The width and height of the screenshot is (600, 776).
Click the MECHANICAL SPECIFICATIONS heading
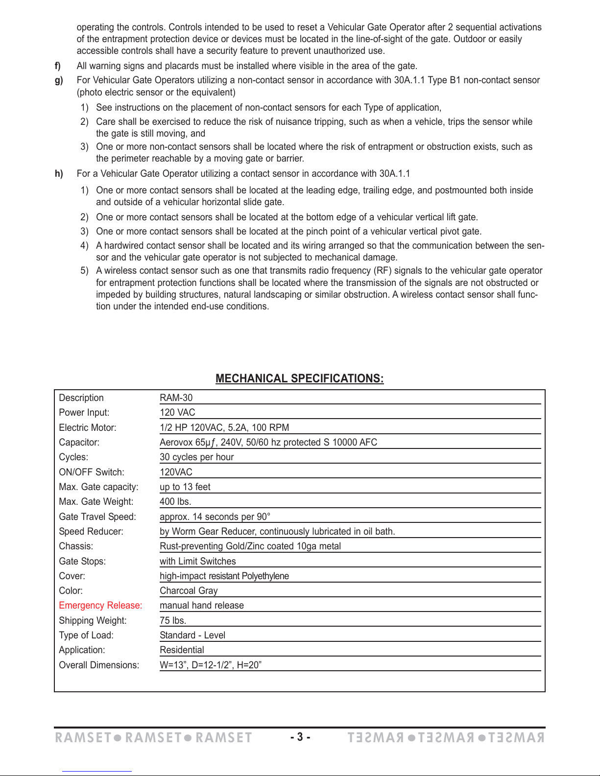coord(299,378)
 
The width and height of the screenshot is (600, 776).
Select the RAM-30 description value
coord(176,398)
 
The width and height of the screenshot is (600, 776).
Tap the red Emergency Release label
coord(100,606)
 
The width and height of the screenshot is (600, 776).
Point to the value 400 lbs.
coord(175,502)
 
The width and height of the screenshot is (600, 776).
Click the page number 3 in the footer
coord(300,737)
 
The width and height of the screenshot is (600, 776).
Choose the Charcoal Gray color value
coord(189,591)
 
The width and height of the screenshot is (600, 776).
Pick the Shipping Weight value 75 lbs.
coord(173,621)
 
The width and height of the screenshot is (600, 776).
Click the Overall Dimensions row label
coord(99,665)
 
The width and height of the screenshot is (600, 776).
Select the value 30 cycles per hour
coord(196,457)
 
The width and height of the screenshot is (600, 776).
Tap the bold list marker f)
coord(58,66)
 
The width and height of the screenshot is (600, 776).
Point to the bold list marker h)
coord(59,174)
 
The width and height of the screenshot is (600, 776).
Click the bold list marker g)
coord(59,80)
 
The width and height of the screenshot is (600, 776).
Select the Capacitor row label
coord(79,443)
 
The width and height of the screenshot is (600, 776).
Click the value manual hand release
coord(202,606)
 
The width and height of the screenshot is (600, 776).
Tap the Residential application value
coord(182,650)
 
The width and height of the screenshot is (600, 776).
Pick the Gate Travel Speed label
coord(97,517)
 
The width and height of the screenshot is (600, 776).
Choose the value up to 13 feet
coord(185,487)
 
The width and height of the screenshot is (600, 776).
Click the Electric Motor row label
coord(88,428)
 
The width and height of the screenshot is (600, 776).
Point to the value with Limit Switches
coord(198,562)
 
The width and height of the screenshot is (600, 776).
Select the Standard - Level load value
coord(192,635)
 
